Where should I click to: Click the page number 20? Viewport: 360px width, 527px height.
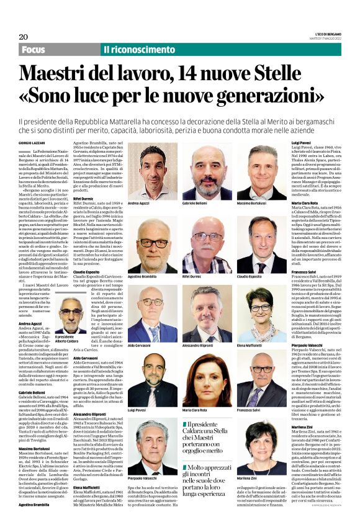pyautogui.click(x=24, y=37)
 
